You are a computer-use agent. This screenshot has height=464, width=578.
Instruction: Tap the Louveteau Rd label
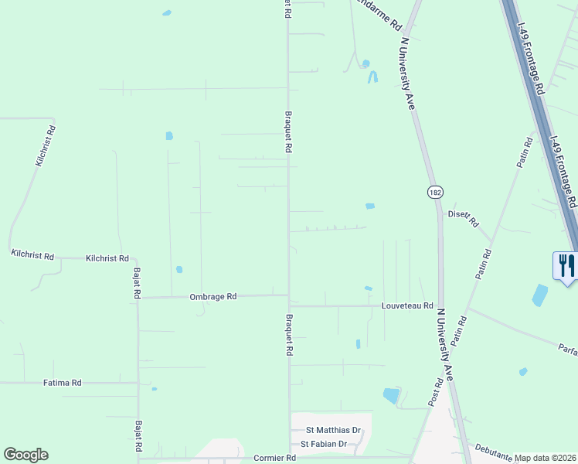click(x=407, y=306)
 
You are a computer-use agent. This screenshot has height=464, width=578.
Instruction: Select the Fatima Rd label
click(x=63, y=383)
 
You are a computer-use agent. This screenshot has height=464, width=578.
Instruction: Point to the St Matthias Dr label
click(x=334, y=430)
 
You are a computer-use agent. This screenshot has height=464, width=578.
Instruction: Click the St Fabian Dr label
click(x=324, y=444)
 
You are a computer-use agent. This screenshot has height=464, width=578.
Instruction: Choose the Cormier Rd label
click(x=274, y=458)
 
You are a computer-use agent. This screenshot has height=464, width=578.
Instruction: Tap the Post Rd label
click(x=437, y=392)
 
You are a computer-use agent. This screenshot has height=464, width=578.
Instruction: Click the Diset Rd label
click(x=464, y=218)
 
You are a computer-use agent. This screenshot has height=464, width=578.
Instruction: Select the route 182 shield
click(x=436, y=192)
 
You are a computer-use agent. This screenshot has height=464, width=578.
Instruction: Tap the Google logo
click(x=25, y=455)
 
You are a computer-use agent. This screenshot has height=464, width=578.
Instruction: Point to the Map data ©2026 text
click(x=546, y=458)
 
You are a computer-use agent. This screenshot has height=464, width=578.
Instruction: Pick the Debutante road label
click(x=493, y=452)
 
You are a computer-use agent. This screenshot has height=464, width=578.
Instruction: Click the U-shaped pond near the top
click(x=373, y=77)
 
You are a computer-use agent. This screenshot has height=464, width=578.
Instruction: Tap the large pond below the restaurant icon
click(x=539, y=295)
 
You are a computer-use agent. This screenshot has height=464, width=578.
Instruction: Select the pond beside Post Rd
click(x=392, y=395)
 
